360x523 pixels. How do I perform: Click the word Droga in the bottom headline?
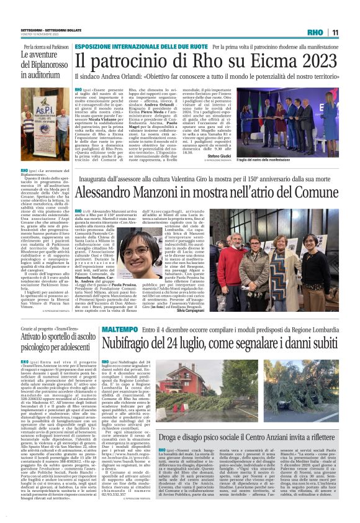coord(171,437)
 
